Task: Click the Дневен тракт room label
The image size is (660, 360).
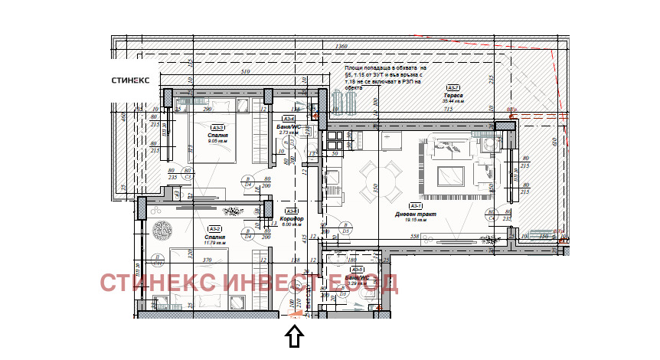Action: click(415, 214)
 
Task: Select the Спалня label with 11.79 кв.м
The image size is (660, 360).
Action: click(215, 237)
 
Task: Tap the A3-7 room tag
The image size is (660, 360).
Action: click(453, 87)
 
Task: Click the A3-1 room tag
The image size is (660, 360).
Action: click(416, 206)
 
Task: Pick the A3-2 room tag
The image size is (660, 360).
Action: click(215, 228)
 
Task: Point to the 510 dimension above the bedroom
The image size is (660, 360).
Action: click(246, 72)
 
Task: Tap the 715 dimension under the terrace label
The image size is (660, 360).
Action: click(449, 110)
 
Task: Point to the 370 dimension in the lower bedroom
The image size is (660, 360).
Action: click(206, 260)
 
